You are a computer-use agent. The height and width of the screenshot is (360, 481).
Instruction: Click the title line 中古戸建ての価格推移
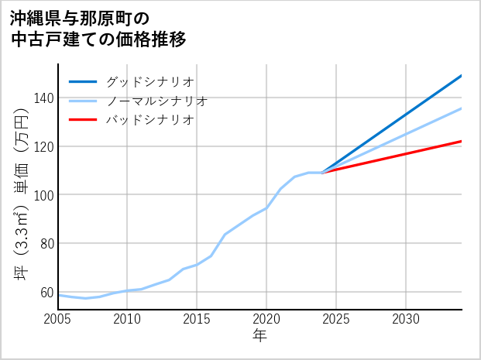[x=98, y=39]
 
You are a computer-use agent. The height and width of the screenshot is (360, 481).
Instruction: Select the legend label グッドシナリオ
[x=149, y=81]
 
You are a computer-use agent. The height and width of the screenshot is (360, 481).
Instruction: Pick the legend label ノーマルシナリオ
[x=156, y=101]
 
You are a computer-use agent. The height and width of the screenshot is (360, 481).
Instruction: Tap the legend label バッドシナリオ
[x=149, y=120]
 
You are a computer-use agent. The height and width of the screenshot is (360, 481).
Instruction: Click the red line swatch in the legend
[x=84, y=120]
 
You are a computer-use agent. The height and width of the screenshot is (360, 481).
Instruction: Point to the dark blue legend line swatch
[x=84, y=81]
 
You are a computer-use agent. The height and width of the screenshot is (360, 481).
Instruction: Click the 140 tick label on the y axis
[x=43, y=98]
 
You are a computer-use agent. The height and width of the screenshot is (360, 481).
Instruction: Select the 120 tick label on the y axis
[x=43, y=146]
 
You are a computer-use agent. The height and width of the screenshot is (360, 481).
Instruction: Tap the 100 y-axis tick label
[x=43, y=195]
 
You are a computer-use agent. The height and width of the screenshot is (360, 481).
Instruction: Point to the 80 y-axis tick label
[x=46, y=244]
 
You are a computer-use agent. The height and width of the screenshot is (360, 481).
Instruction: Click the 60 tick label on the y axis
[x=46, y=293]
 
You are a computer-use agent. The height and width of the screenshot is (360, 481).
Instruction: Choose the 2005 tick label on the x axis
[x=58, y=319]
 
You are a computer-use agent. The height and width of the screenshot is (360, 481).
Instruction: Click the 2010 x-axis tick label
[x=127, y=319]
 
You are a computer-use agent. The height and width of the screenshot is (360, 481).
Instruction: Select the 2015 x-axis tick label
[x=197, y=319]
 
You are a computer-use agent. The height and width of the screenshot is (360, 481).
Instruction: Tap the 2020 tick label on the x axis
[x=266, y=319]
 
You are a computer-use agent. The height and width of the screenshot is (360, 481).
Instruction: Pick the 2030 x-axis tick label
[x=406, y=319]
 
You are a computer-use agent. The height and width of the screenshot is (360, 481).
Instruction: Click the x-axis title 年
[x=259, y=336]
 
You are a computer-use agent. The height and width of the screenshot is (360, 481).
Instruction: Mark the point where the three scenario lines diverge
[x=322, y=173]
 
